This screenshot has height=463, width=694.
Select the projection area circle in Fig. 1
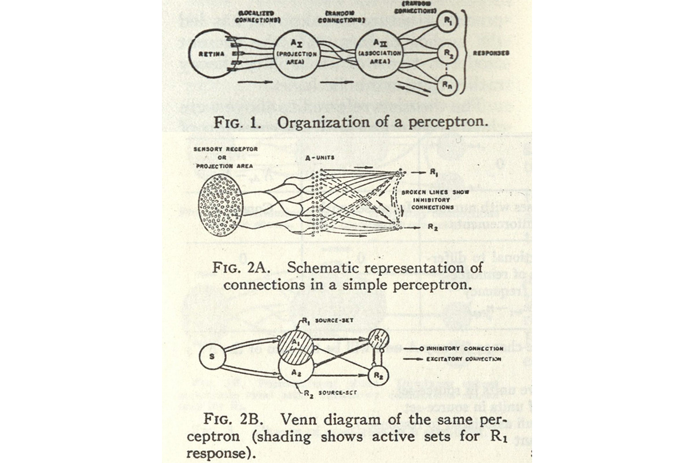(296, 54)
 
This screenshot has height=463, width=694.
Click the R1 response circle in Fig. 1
(446, 23)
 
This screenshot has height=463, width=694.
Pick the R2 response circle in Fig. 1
(446, 53)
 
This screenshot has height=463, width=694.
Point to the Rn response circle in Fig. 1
(446, 84)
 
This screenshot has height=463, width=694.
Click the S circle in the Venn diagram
(211, 357)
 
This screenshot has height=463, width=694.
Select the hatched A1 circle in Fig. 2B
(295, 345)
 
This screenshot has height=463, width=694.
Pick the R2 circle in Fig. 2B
(378, 375)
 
